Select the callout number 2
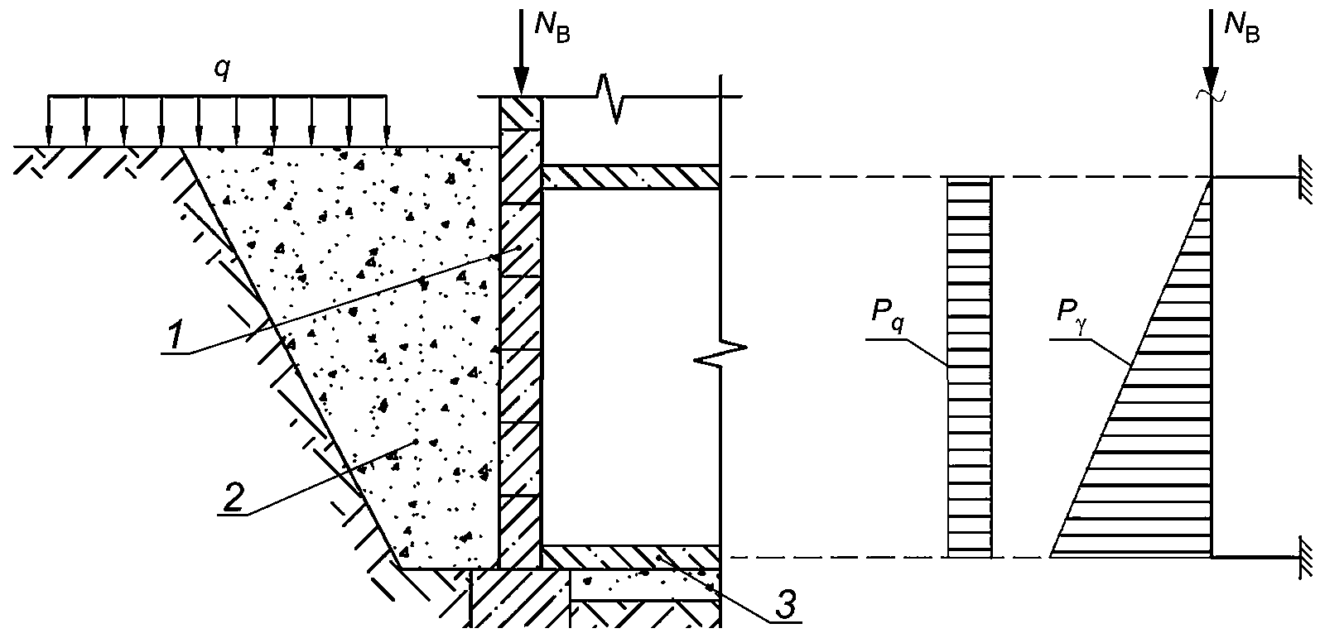[x=232, y=496]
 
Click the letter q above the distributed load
[x=221, y=70]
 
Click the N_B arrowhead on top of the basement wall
[x=521, y=81]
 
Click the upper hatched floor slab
[x=631, y=177]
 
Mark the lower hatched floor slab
[x=631, y=557]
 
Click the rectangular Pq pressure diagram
[x=970, y=367]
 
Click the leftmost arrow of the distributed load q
[x=49, y=121]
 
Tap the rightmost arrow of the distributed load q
[x=386, y=121]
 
